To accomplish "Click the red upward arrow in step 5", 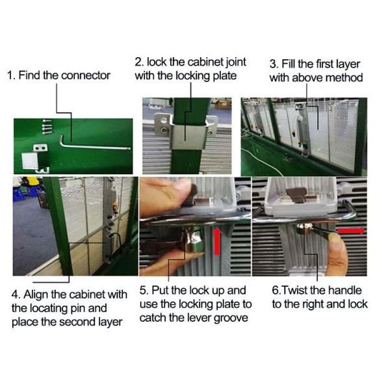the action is tap(217, 242).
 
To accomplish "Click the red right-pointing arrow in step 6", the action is tap(351, 231).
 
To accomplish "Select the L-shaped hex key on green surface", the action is tap(94, 144).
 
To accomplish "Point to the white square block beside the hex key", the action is tap(30, 161).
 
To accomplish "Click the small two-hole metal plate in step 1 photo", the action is tap(40, 148).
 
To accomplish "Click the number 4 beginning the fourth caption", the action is tap(15, 294).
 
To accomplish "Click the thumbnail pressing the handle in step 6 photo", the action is tap(336, 244).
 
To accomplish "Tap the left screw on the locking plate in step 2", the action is tap(164, 131).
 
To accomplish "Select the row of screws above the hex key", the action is tap(47, 127).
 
